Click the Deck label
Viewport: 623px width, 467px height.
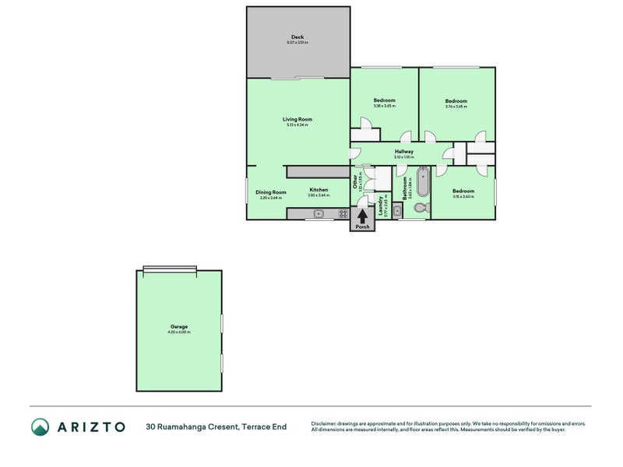point(297,37)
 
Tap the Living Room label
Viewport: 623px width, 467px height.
point(297,119)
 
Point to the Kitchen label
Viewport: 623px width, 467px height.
point(319,190)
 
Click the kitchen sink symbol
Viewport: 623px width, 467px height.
point(318,213)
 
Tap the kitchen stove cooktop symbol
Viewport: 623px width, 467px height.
point(342,213)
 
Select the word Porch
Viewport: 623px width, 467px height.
point(362,227)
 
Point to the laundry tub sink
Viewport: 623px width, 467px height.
point(397,210)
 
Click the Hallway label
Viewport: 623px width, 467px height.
point(403,152)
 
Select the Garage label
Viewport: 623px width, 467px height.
point(179,326)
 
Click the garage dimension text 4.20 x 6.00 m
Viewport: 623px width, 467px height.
point(179,332)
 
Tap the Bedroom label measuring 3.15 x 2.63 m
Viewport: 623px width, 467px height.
point(463,191)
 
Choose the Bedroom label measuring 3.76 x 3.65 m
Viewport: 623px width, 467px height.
point(456,101)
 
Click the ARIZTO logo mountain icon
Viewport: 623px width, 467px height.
point(40,427)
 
